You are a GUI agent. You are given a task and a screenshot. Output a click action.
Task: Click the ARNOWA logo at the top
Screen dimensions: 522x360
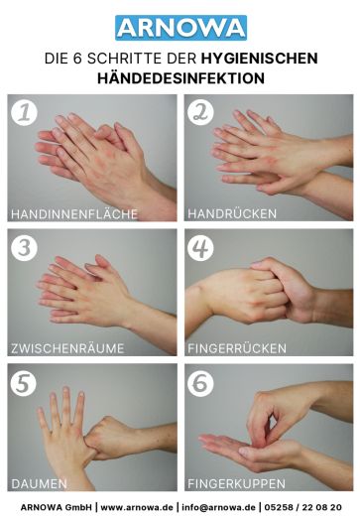(x=180, y=27)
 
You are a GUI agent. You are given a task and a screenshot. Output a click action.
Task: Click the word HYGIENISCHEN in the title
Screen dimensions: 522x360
(x=255, y=58)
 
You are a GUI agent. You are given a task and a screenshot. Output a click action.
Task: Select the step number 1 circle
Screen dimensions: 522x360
(x=25, y=112)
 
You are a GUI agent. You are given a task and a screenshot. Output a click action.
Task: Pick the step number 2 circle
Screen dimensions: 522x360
(x=202, y=112)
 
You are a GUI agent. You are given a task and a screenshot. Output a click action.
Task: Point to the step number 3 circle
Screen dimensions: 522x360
(x=25, y=247)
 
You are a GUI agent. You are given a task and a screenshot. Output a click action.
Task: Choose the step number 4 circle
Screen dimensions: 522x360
(x=202, y=247)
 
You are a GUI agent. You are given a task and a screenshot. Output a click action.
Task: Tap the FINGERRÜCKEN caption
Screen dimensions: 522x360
(x=237, y=348)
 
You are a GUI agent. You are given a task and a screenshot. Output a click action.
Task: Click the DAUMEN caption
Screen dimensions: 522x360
(x=39, y=483)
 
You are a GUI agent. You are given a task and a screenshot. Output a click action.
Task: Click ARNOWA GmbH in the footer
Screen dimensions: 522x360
(x=50, y=507)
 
